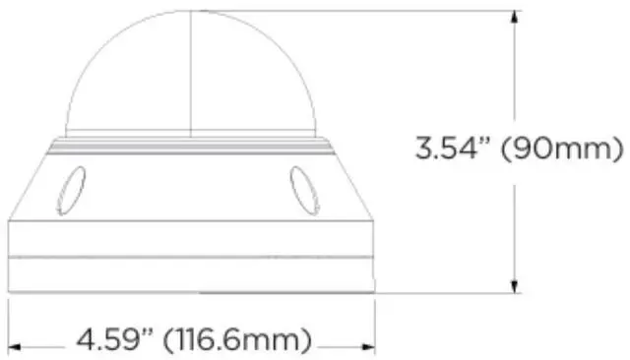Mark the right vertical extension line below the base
(x=377, y=320)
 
